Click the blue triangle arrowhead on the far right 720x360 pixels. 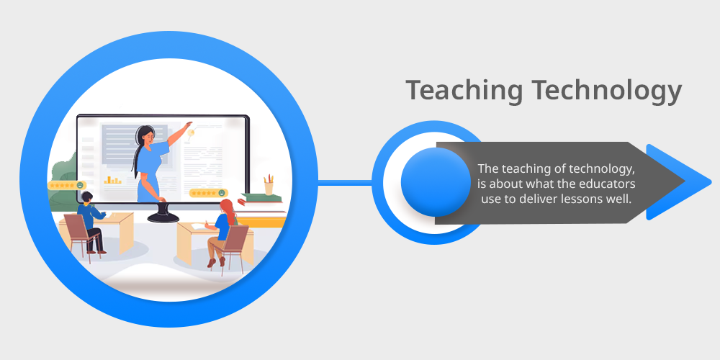click(675, 182)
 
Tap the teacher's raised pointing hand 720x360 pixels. click(187, 125)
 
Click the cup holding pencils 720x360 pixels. click(269, 185)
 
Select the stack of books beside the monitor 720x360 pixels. click(261, 199)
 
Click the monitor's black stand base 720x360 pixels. click(163, 217)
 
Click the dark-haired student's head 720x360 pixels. click(86, 197)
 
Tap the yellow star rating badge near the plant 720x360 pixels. click(67, 185)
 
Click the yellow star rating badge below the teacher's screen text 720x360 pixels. click(209, 193)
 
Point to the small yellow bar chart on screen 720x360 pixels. click(112, 179)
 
